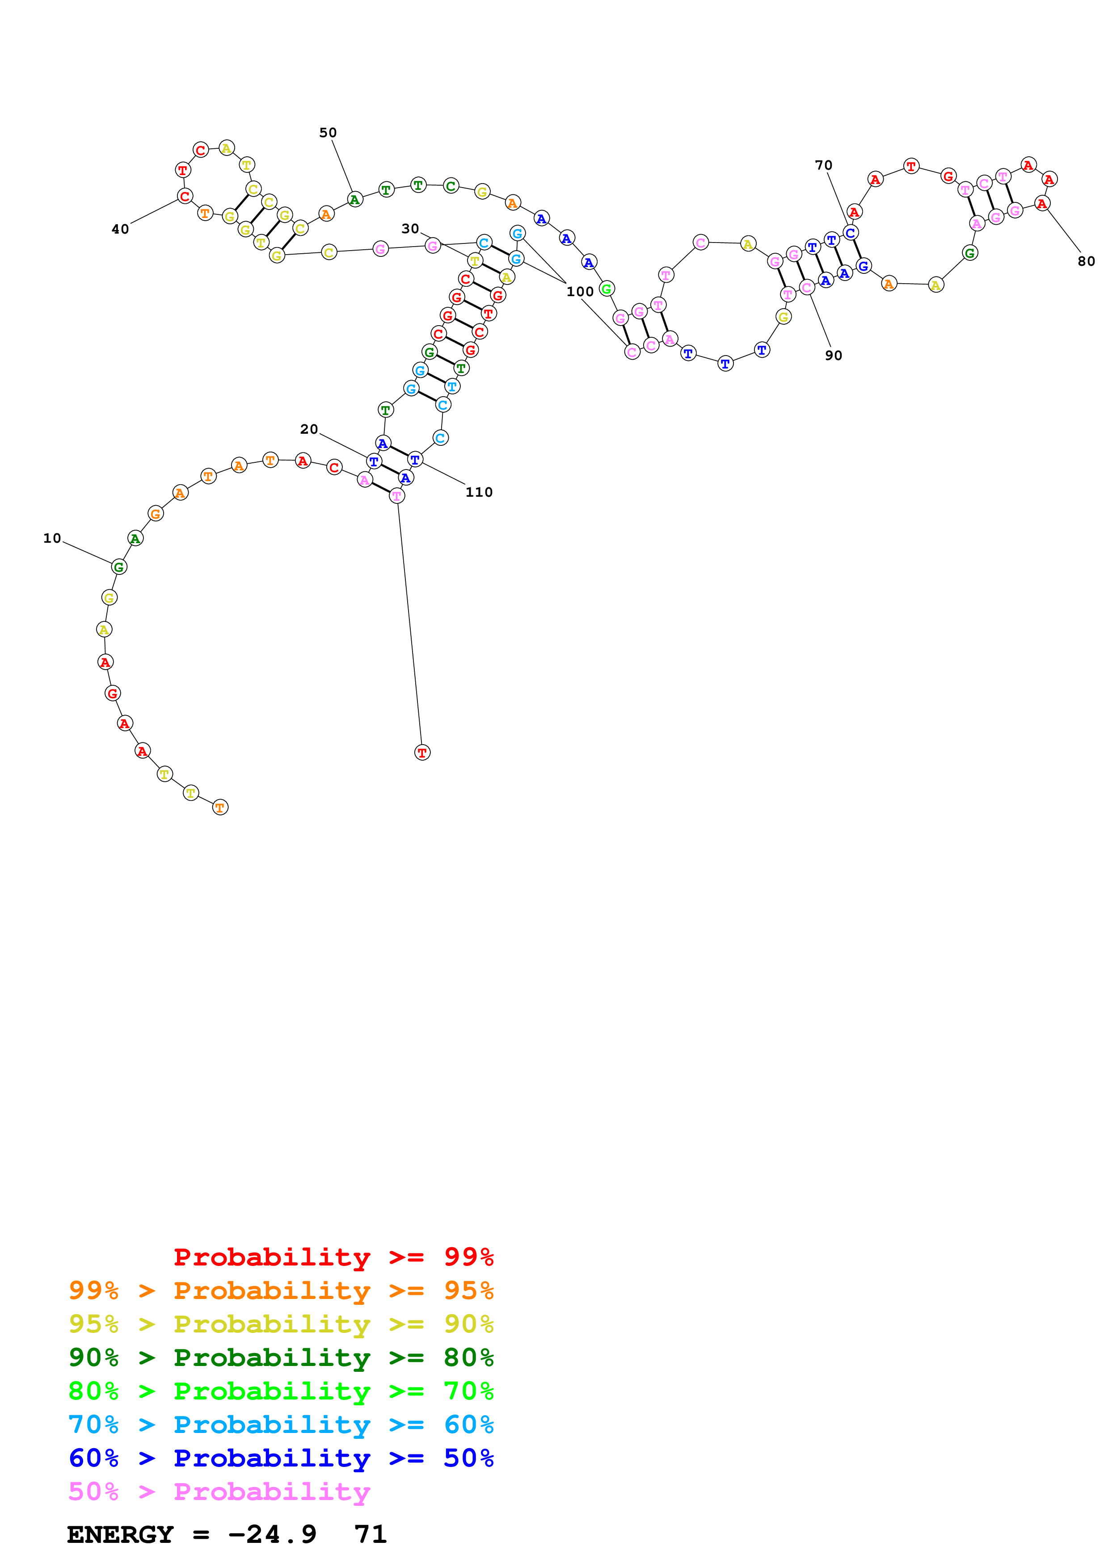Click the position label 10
pos(52,538)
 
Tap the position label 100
pos(580,291)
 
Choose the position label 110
pos(479,492)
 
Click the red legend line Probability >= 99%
pos(333,1257)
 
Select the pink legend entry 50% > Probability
pos(219,1492)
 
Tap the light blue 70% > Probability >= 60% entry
pos(281,1425)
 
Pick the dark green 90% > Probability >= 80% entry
pos(281,1358)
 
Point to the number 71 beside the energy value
pos(370,1535)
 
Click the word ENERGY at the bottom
pos(120,1535)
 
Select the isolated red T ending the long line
pos(422,753)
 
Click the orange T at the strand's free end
pos(220,807)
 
